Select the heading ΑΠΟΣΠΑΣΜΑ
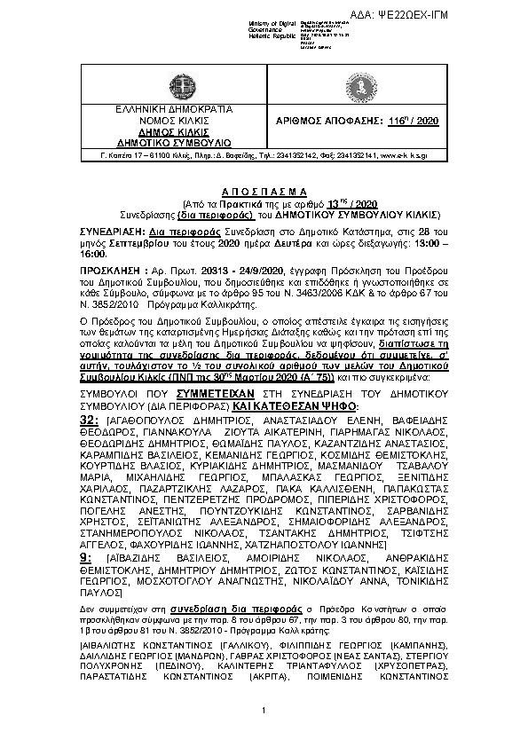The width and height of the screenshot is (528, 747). tap(264, 191)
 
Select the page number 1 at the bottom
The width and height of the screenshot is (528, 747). tap(264, 712)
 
